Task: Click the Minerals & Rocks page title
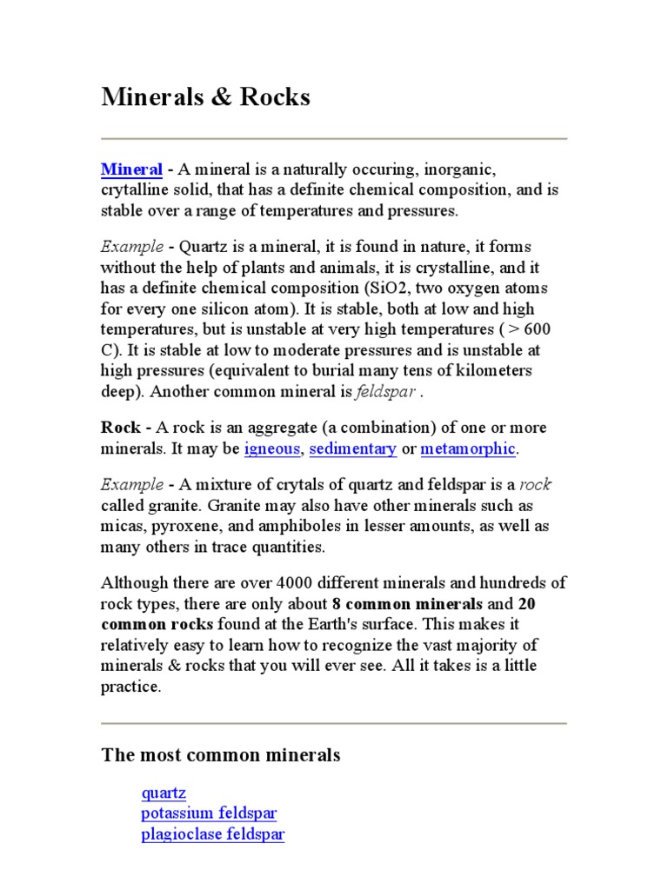(205, 97)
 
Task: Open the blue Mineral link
(132, 169)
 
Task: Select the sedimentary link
(353, 449)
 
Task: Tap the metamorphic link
(468, 449)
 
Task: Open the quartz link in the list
(164, 793)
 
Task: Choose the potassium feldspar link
(209, 814)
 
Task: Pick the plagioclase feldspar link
(213, 834)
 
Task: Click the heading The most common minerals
(221, 755)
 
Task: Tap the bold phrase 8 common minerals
(407, 603)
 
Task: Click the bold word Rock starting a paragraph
(120, 428)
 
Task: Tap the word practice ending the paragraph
(131, 687)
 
